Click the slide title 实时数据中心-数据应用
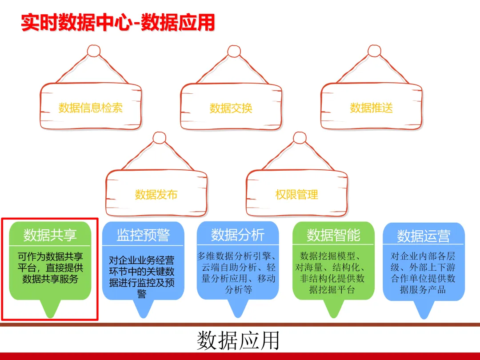[118, 23]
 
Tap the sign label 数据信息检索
[91, 108]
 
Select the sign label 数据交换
[231, 108]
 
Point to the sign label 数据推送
[372, 108]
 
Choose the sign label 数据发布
[156, 194]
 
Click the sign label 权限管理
[297, 194]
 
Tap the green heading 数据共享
[50, 235]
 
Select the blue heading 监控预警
[143, 235]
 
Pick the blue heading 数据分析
[238, 235]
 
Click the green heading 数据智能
[333, 235]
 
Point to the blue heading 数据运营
[424, 236]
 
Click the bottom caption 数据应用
[238, 340]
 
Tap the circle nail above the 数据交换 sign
[234, 51]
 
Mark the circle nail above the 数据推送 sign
[375, 51]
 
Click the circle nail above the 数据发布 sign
[159, 138]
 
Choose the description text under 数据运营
[423, 273]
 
